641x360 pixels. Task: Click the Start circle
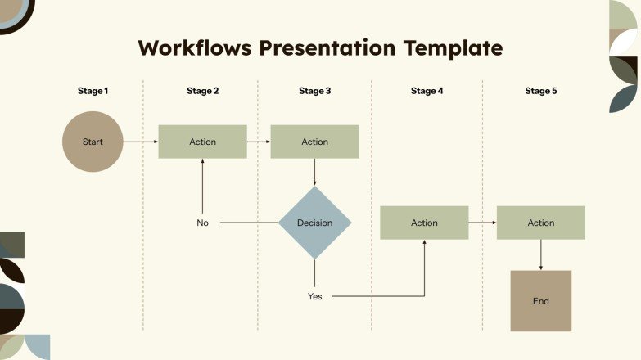[93, 142]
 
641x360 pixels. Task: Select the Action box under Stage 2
[202, 142]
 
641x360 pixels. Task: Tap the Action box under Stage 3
[314, 142]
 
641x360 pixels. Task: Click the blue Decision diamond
[314, 223]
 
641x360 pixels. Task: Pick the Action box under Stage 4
[424, 223]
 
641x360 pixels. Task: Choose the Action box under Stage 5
[540, 223]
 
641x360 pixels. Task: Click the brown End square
[540, 301]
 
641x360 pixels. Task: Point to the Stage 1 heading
[93, 91]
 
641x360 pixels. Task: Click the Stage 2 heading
[202, 91]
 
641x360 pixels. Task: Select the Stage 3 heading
[314, 91]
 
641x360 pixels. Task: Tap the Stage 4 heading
[427, 91]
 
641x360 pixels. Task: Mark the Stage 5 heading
[540, 91]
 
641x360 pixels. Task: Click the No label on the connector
[202, 223]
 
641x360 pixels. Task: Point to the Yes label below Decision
[314, 296]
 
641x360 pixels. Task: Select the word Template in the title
[452, 47]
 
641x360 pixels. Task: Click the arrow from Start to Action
[141, 142]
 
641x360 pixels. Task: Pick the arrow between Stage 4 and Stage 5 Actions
[483, 223]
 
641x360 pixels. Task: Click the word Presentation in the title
[327, 47]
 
